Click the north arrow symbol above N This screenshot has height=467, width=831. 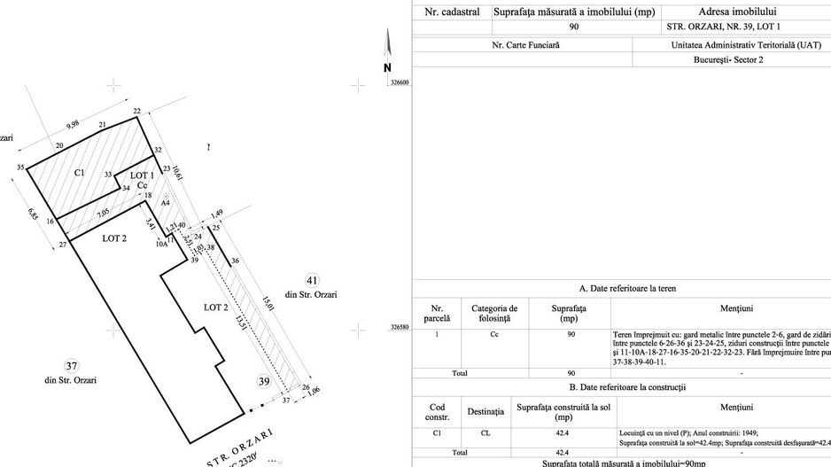pos(387,43)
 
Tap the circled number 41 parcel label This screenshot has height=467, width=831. pos(311,280)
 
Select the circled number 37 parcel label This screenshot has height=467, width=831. pos(70,366)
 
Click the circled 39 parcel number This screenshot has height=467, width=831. pos(263,380)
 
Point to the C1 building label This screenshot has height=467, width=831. pos(79,172)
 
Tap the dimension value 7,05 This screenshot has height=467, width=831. pos(103,213)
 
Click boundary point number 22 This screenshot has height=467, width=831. pos(137,111)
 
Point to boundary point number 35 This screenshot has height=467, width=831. pos(19,167)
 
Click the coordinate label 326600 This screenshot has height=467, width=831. pos(400,82)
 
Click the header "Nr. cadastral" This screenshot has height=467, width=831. pos(452,12)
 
